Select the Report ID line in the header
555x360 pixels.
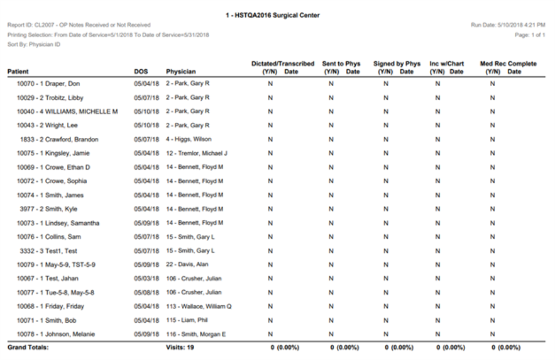tap(79, 24)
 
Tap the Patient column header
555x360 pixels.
tap(18, 72)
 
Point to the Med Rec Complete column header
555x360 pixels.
tap(507, 63)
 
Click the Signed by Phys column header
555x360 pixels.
tap(397, 63)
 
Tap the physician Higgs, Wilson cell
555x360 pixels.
tap(187, 139)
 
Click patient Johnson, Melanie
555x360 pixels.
tap(57, 334)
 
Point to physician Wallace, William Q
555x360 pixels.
tap(199, 306)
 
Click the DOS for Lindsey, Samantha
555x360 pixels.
tap(145, 223)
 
